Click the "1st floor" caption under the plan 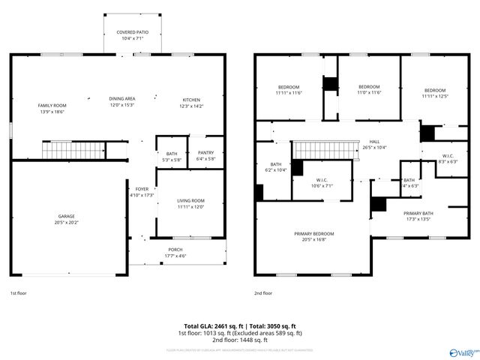[18, 293]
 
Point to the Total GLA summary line [239, 326]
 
